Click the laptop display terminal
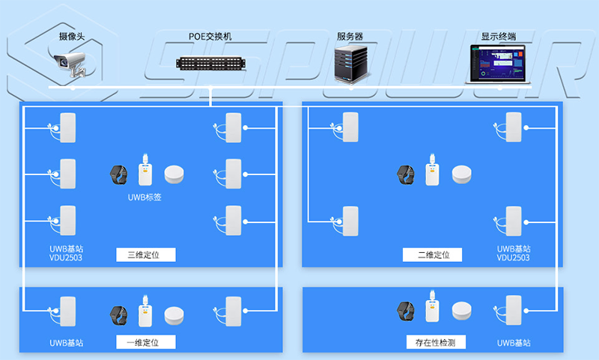(x=499, y=64)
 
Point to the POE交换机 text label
(x=210, y=36)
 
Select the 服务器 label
(x=350, y=36)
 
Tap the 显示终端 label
(x=498, y=36)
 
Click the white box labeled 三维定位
(x=146, y=254)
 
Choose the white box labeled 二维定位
(x=434, y=254)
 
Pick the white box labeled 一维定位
(x=146, y=342)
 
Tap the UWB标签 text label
(x=145, y=198)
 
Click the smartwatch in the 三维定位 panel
(x=120, y=174)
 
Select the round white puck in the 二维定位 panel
(x=462, y=174)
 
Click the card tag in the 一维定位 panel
(x=145, y=312)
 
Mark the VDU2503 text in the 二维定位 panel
(x=513, y=257)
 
